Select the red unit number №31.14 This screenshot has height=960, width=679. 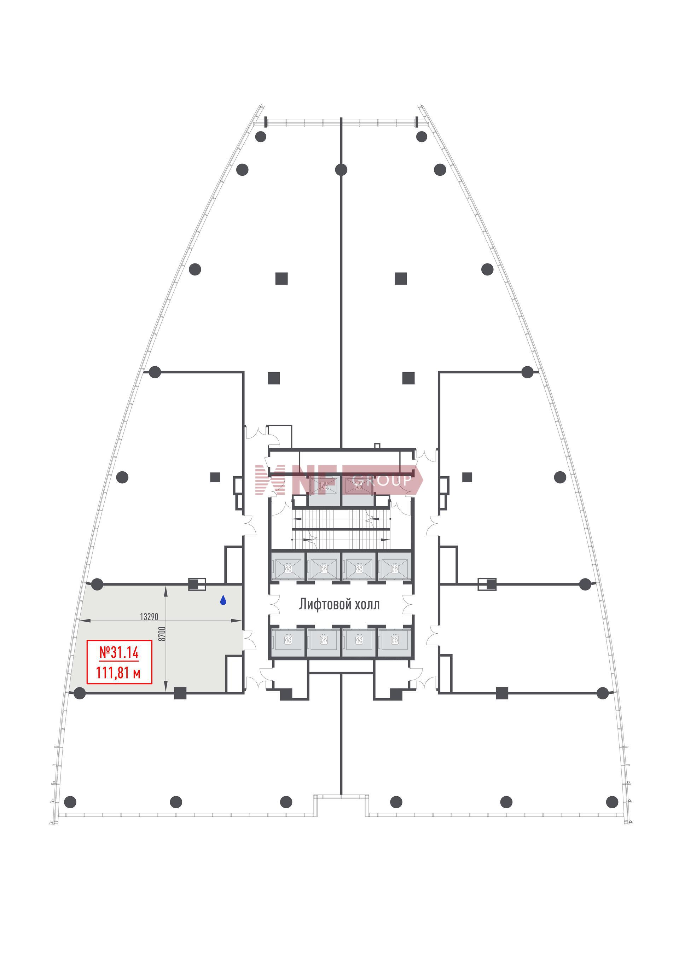(119, 653)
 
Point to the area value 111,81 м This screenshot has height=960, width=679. (118, 673)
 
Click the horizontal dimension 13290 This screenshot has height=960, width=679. (149, 617)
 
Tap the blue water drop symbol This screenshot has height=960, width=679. (223, 600)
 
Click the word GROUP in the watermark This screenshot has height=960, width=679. (381, 481)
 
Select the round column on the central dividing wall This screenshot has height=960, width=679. (341, 170)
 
